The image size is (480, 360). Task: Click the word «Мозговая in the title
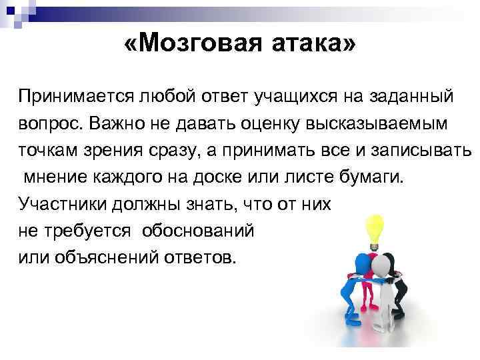click(186, 45)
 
